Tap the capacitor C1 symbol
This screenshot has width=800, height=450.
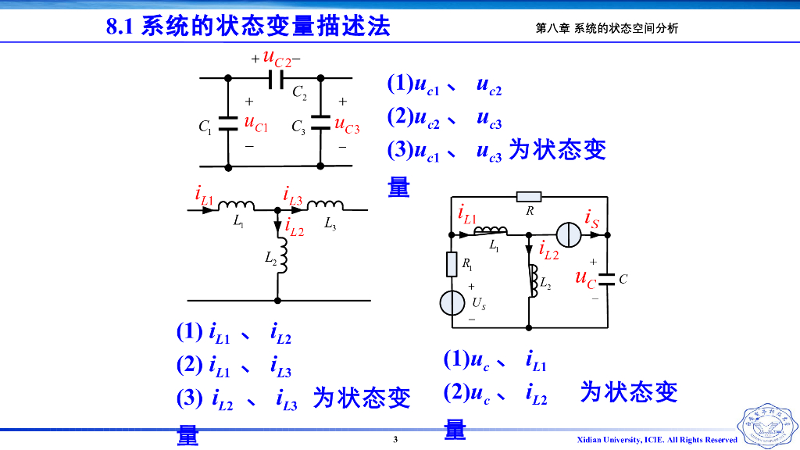tap(228, 123)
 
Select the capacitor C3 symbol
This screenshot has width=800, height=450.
tap(321, 123)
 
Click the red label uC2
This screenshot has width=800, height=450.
tap(277, 58)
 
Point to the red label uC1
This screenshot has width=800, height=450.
tap(255, 123)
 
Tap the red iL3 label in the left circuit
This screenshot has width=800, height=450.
tap(292, 196)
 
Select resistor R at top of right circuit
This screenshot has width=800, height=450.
tap(529, 196)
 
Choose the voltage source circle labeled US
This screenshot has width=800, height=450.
tap(452, 302)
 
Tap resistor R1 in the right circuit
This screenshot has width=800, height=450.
tap(452, 264)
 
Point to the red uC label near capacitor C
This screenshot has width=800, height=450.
tap(585, 277)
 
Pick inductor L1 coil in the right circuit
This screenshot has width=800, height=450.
tap(490, 230)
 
